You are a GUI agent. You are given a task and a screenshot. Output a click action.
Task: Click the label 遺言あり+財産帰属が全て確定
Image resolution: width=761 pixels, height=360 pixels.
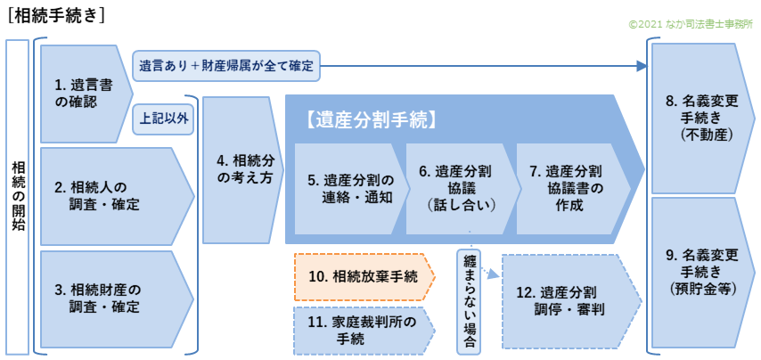227,65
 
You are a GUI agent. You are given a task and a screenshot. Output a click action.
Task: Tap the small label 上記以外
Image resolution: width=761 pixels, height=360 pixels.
164,117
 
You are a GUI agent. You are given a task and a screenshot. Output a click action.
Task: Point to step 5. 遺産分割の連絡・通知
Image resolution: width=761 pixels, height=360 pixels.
351,189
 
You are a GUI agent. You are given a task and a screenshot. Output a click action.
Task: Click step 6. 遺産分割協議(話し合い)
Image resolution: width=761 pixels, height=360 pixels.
461,189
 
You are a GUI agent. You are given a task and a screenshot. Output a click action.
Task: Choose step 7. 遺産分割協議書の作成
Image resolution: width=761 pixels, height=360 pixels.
569,189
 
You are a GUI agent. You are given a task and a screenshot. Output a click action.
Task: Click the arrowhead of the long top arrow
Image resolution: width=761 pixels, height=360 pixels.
643,65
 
